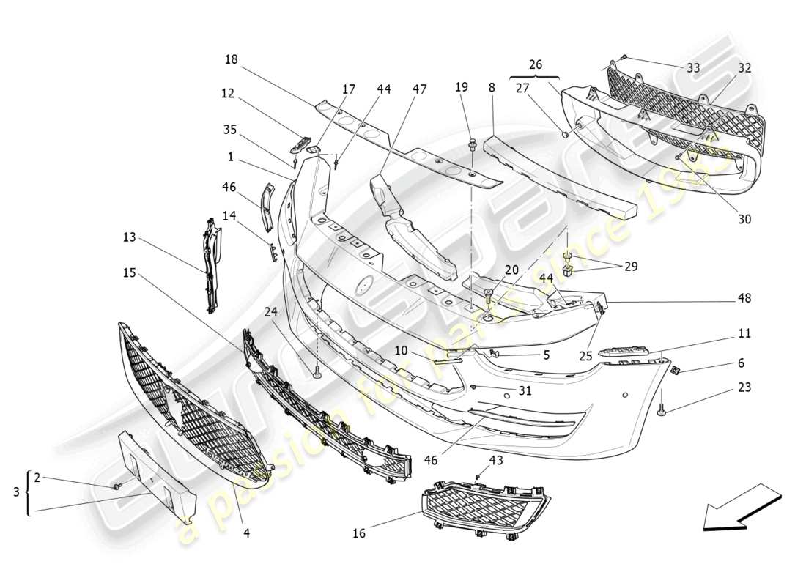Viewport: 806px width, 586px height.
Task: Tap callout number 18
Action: tap(232, 59)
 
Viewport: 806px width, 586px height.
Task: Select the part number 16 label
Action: tap(358, 533)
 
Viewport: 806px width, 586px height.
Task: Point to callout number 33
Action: tap(692, 68)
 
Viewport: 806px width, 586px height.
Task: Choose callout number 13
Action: tap(130, 237)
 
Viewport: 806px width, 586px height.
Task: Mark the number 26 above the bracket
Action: tap(535, 64)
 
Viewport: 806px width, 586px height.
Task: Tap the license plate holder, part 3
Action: tap(158, 477)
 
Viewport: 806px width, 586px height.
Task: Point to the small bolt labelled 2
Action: tap(117, 486)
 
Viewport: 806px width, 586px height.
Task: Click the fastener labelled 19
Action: tap(473, 144)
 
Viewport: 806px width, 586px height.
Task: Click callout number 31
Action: tap(525, 391)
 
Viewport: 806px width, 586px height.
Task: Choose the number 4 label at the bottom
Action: tap(246, 533)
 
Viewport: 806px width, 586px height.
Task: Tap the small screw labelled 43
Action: tap(477, 478)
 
